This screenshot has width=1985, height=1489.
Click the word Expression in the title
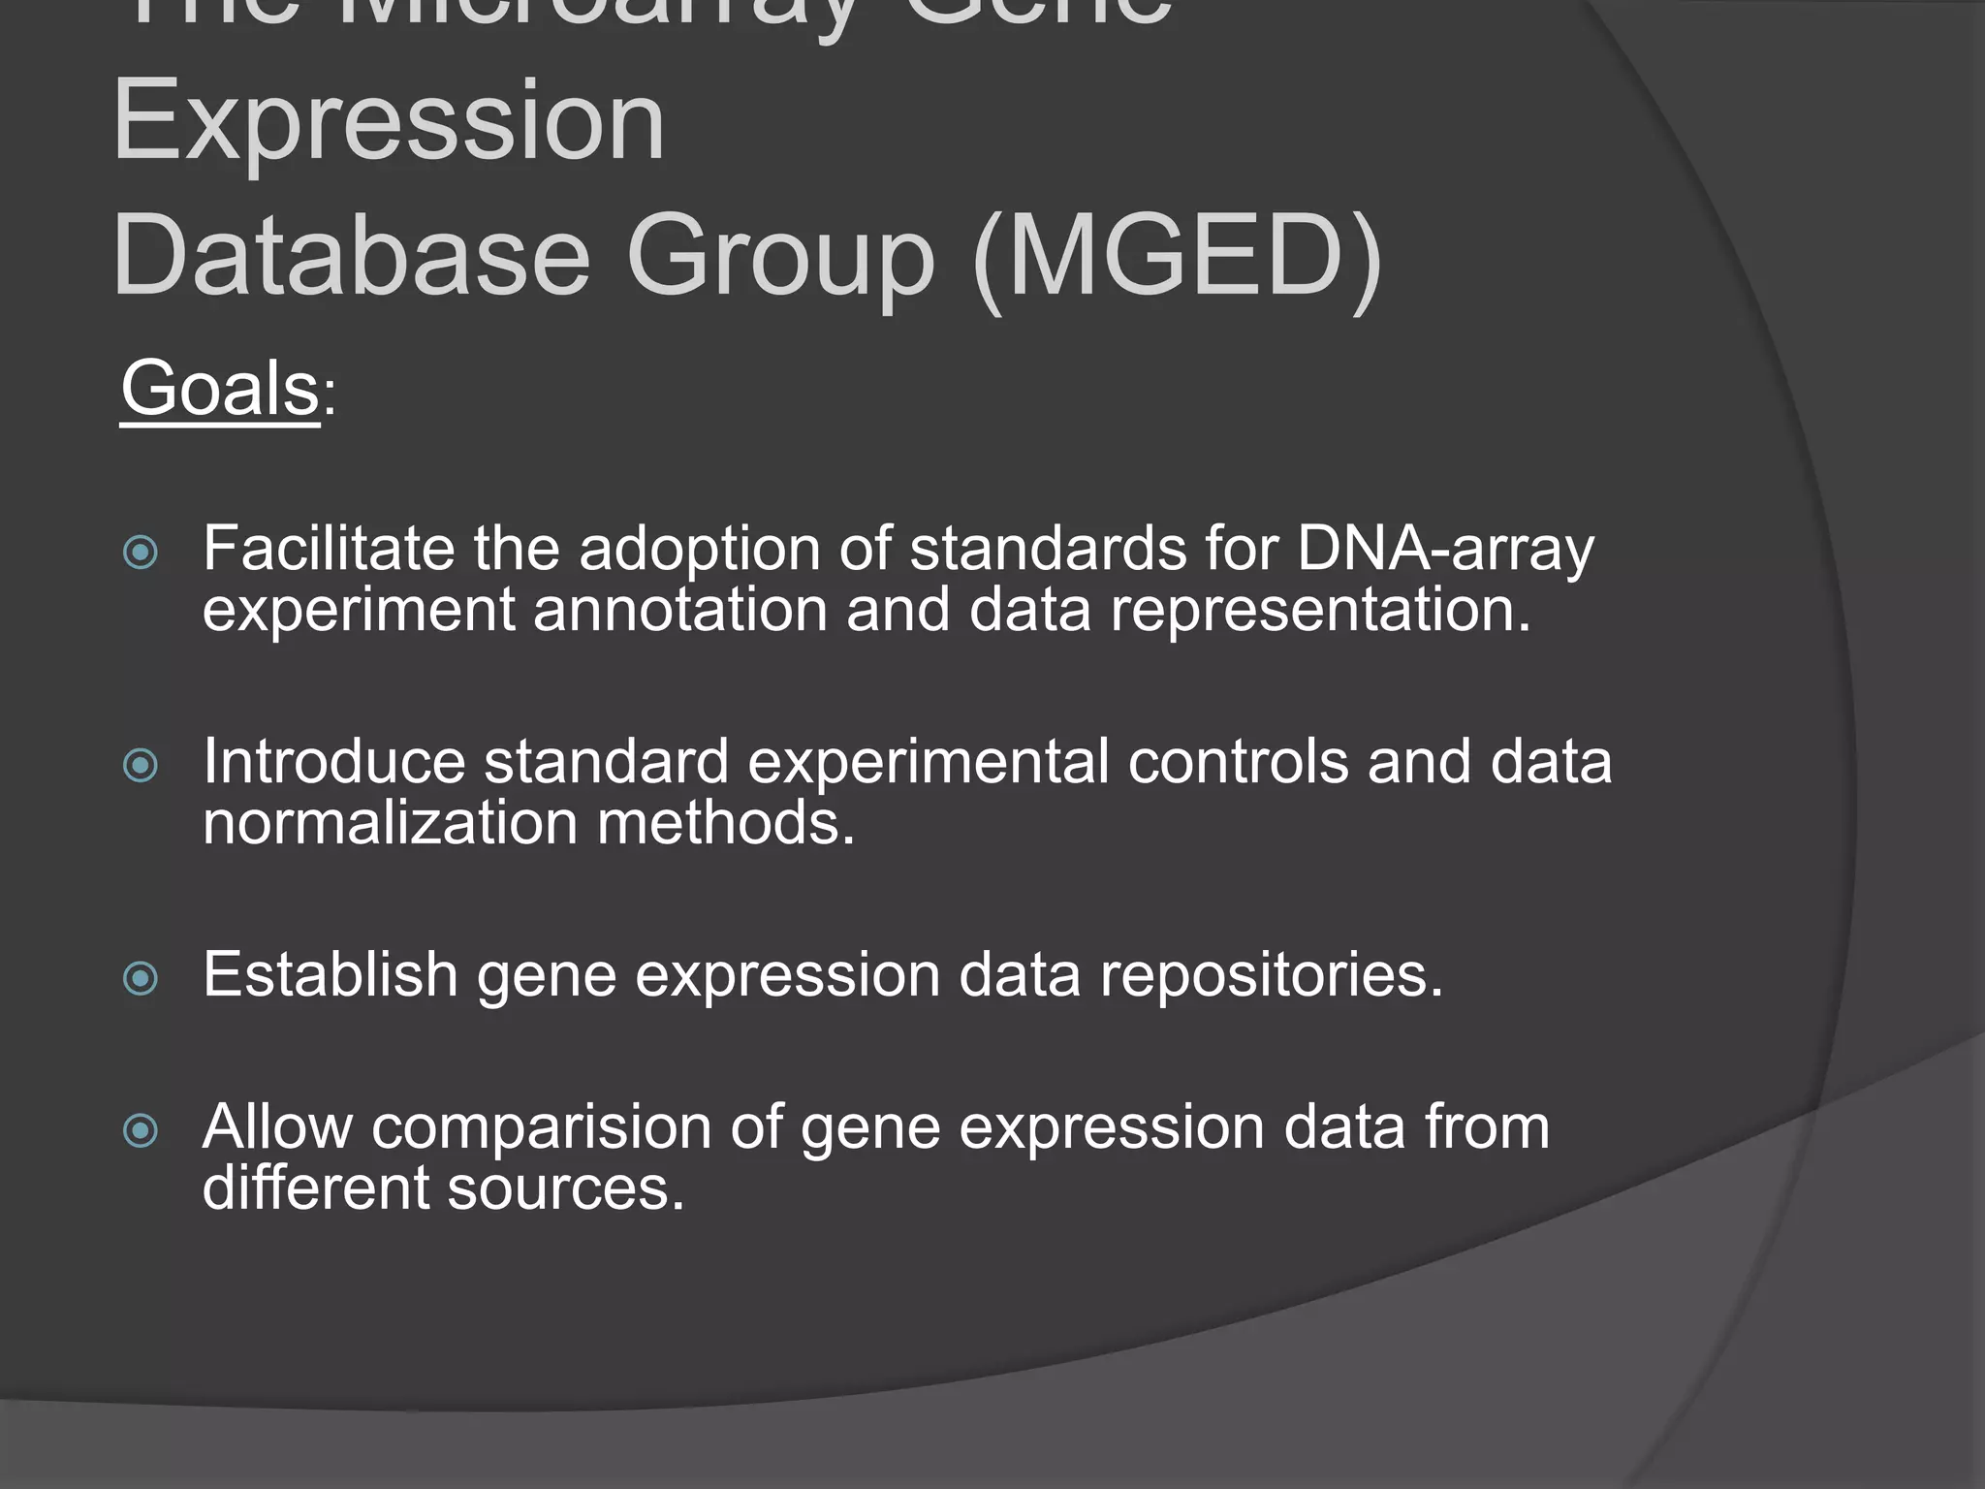[388, 123]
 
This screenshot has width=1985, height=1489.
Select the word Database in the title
[351, 258]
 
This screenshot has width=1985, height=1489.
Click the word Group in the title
[780, 258]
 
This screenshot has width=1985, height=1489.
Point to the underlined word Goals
[220, 389]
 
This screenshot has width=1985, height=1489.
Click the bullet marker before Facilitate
[141, 553]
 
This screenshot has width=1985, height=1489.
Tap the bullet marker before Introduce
[141, 766]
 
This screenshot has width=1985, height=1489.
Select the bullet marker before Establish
[141, 978]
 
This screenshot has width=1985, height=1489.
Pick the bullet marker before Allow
[141, 1130]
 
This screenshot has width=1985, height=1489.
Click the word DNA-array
[1444, 550]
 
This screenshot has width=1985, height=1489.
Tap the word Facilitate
[328, 549]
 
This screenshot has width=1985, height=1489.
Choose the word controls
[1238, 762]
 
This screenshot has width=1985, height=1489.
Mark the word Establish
[330, 974]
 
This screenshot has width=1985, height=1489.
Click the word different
[315, 1188]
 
